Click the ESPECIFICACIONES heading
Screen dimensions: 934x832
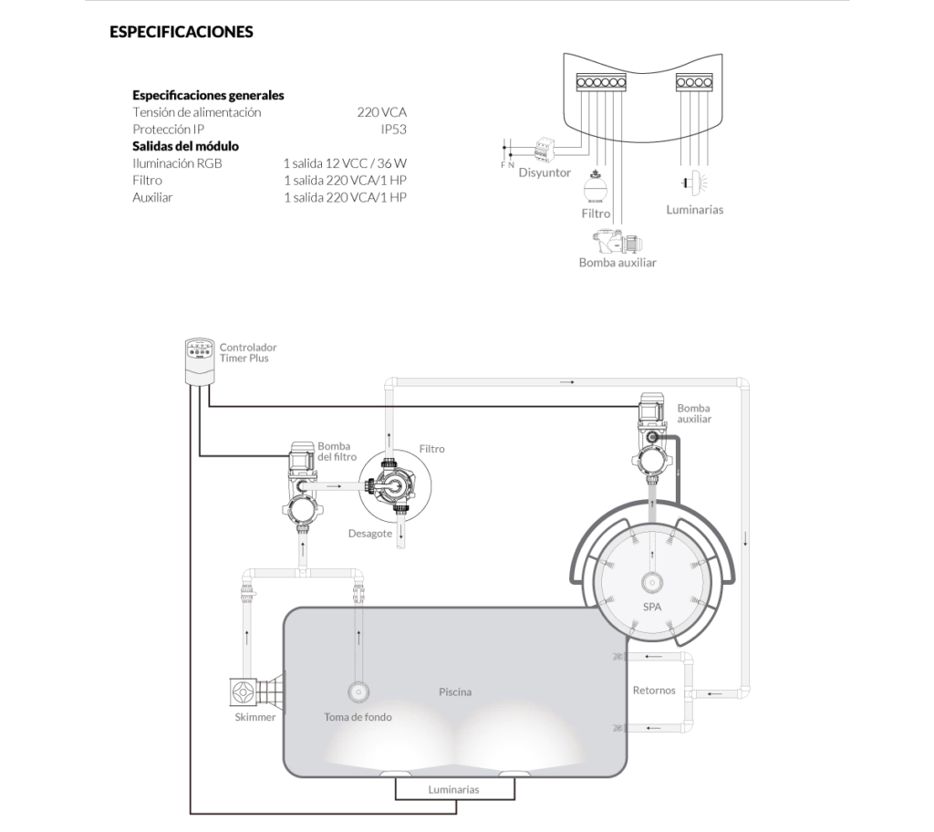182,32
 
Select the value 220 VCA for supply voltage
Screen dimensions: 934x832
382,112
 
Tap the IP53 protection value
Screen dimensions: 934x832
394,130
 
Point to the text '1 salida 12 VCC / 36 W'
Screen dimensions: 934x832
345,163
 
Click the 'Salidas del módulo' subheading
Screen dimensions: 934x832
185,146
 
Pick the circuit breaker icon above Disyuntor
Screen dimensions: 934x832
545,150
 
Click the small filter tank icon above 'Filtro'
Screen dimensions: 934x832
595,188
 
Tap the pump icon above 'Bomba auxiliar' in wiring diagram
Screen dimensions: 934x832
618,241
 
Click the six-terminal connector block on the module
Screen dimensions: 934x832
601,82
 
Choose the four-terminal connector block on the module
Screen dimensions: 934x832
694,82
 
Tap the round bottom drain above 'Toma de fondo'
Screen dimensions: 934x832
358,692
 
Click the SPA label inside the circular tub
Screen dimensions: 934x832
652,608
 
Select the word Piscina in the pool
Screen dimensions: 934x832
455,692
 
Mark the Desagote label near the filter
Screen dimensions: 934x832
370,534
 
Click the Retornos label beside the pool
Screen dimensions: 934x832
654,691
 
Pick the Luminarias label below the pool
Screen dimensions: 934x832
453,790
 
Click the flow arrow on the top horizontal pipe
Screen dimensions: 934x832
567,382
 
